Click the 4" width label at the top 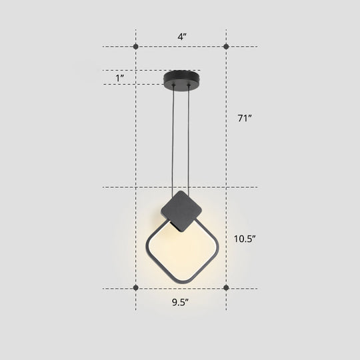[181, 37]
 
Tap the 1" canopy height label [121, 78]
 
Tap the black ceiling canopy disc [181, 77]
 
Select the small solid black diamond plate [181, 210]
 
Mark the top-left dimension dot [136, 47]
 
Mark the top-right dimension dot [226, 47]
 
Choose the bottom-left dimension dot [136, 287]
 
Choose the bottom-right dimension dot [226, 287]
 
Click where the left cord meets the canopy [174, 86]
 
